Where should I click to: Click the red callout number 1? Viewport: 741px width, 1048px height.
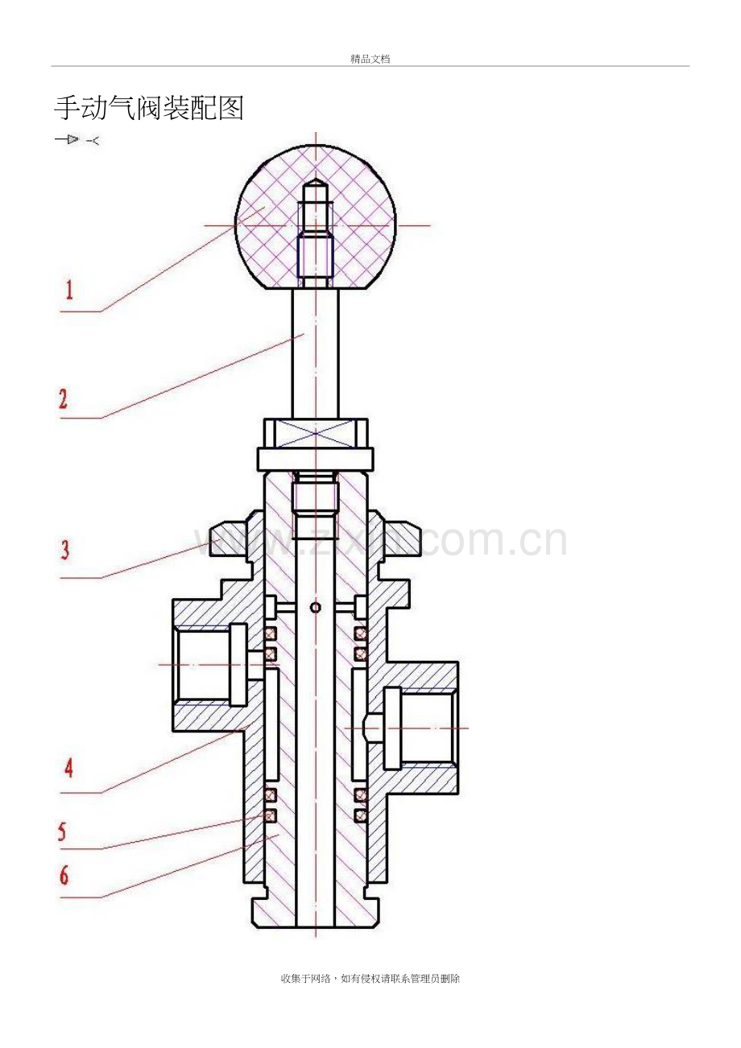point(69,290)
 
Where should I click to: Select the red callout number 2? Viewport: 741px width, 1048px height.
point(63,399)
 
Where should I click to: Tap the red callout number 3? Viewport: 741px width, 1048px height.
point(65,550)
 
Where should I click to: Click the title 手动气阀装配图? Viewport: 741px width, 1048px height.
point(148,109)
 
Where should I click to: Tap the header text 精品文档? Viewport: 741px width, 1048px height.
point(370,59)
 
